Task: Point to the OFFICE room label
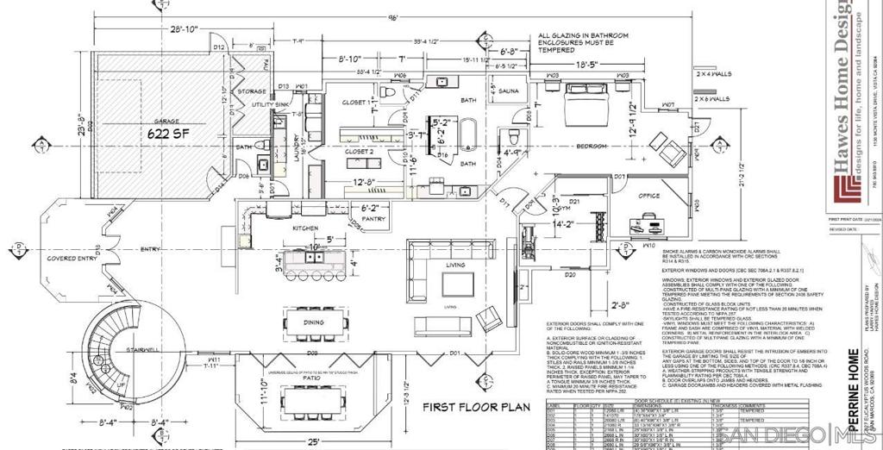coord(648,196)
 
